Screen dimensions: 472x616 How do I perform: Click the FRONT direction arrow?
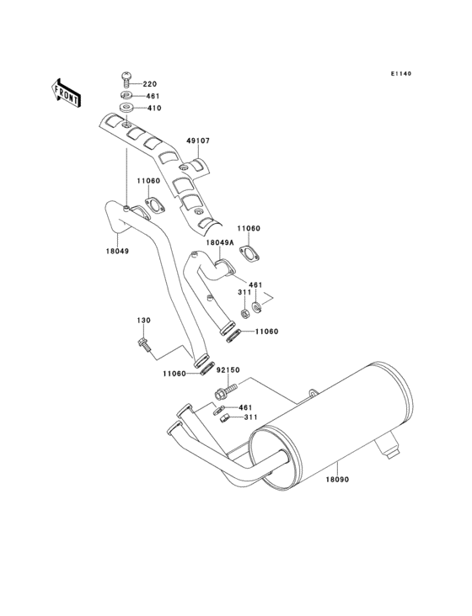coord(66,93)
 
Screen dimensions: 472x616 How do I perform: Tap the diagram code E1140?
coord(401,73)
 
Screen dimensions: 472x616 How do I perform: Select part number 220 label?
coord(149,83)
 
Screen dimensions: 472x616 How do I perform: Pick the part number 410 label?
coord(153,108)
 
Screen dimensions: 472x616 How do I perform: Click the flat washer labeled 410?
coord(126,108)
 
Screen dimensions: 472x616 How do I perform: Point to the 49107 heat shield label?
coord(198,141)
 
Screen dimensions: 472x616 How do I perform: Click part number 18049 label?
coord(117,251)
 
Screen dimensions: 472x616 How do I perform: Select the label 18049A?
coord(220,242)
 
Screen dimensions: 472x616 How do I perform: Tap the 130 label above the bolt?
coord(143,320)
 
